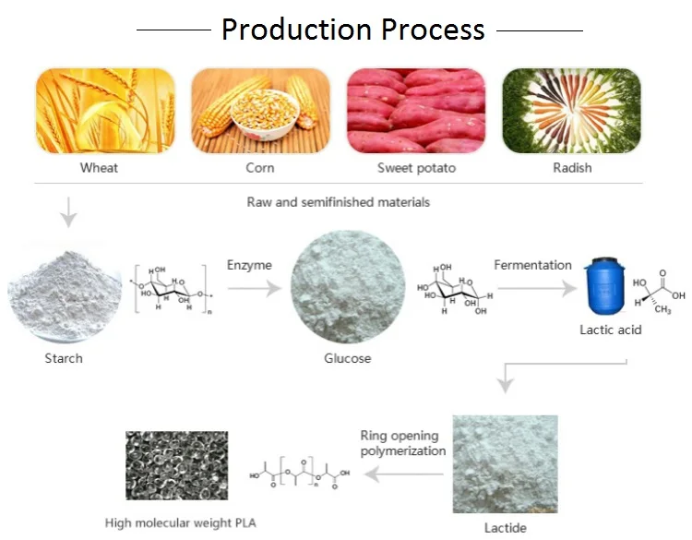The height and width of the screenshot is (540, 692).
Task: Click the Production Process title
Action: [353, 30]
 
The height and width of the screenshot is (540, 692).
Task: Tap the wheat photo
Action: [105, 110]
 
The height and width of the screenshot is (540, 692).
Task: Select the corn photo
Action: [260, 110]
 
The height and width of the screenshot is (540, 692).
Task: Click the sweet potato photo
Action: [416, 110]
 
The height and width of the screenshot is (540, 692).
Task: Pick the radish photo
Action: [572, 110]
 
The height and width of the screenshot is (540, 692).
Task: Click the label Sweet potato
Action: [416, 168]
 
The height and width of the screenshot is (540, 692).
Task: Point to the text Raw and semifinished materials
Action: [338, 201]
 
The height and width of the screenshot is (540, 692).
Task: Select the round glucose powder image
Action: [347, 288]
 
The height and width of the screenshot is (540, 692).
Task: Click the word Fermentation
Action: [532, 265]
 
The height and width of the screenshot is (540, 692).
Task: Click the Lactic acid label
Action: [610, 330]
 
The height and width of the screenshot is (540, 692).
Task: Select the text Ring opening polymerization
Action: [403, 443]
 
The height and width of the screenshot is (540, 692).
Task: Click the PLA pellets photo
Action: [176, 465]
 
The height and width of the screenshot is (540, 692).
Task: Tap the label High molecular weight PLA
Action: [181, 523]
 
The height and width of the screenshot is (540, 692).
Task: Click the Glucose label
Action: [347, 357]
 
